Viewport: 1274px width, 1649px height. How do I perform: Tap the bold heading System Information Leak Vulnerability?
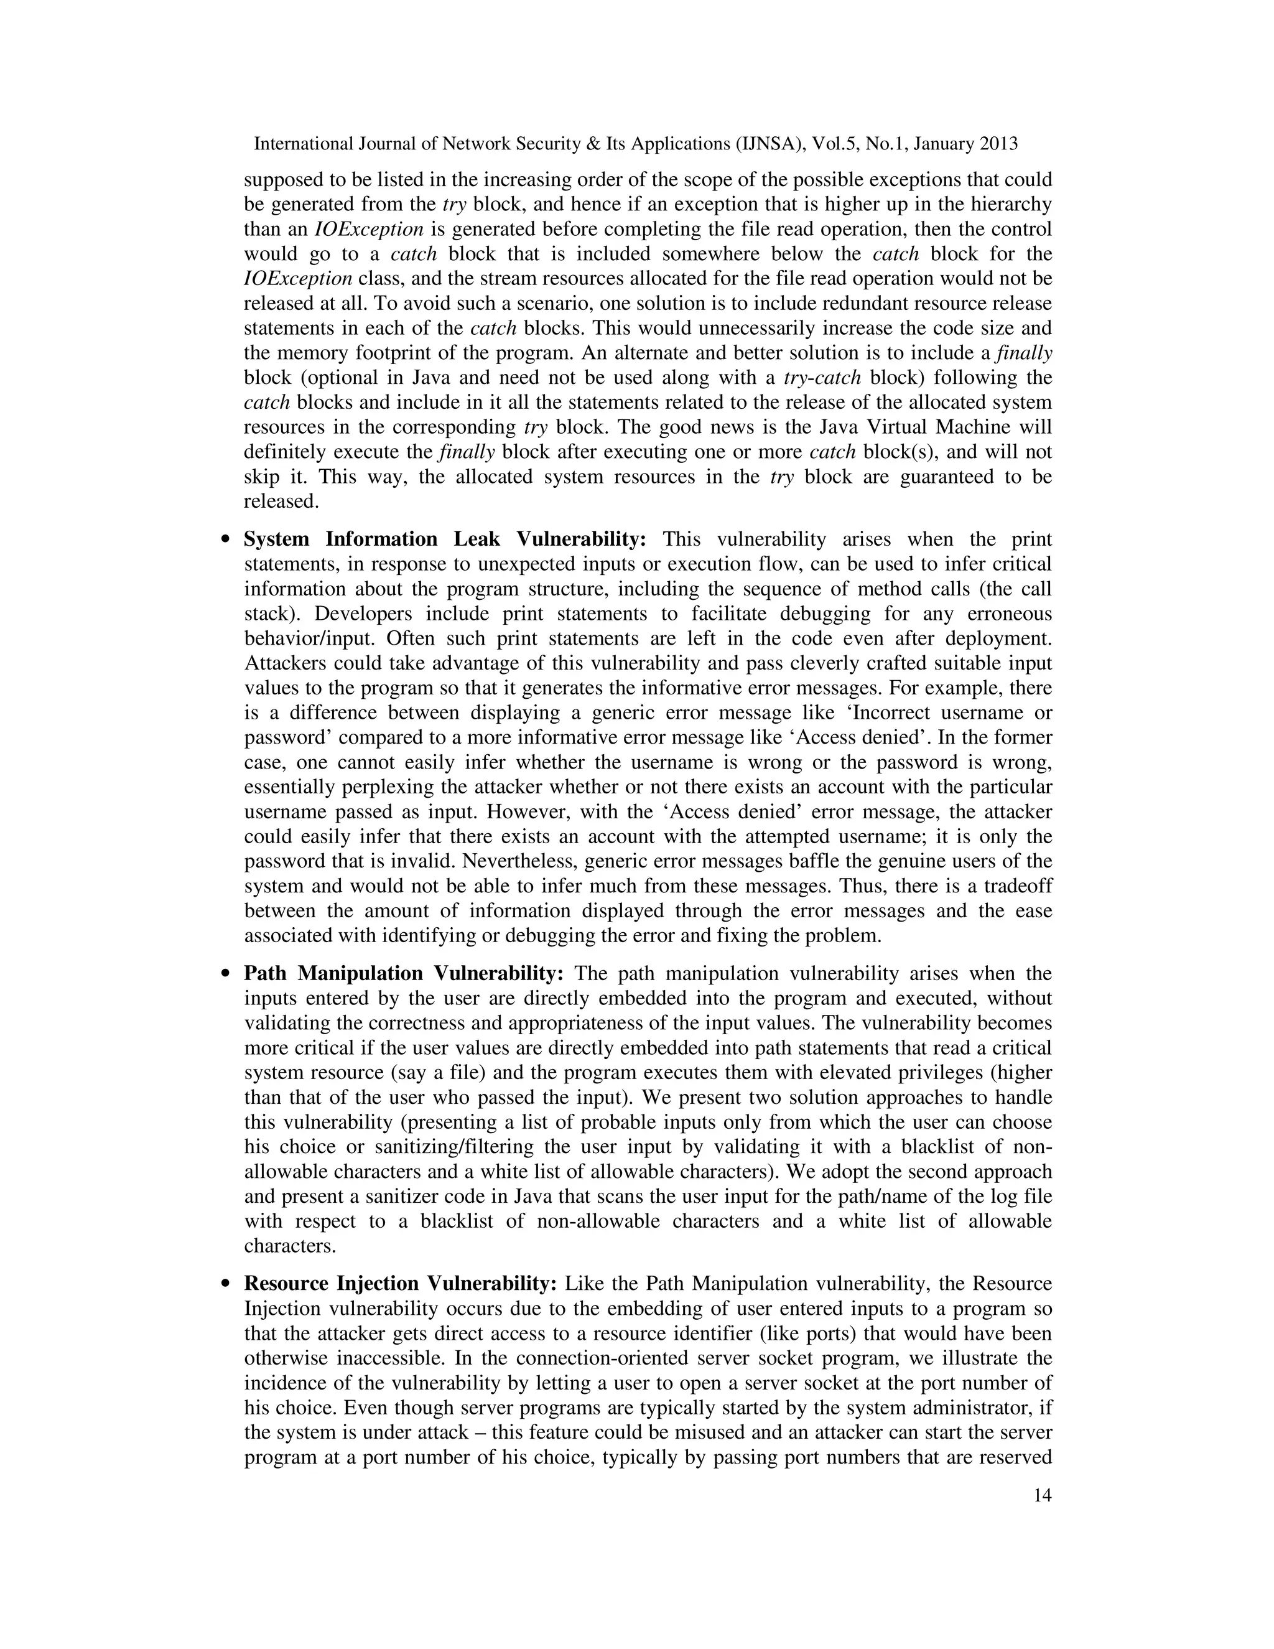(x=445, y=539)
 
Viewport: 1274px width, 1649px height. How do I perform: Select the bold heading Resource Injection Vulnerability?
(x=400, y=1284)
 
